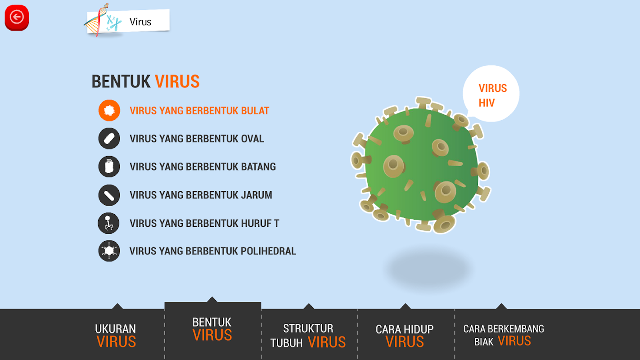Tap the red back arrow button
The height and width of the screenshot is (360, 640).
[x=17, y=18]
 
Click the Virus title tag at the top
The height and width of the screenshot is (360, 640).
[x=128, y=22]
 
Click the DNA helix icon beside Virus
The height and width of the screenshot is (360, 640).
[x=96, y=20]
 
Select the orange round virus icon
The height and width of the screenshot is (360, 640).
[x=109, y=110]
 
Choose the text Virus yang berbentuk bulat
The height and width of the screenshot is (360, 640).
[x=199, y=111]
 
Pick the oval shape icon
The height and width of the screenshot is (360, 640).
[x=109, y=139]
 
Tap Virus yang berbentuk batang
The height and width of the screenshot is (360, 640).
[x=203, y=166]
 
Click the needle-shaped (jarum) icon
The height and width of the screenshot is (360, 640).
[x=109, y=195]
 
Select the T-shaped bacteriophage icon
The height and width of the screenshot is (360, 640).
[x=108, y=223]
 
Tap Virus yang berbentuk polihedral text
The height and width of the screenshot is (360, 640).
[x=212, y=251]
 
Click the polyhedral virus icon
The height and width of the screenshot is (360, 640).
[x=109, y=251]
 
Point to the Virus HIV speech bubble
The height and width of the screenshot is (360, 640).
[x=491, y=94]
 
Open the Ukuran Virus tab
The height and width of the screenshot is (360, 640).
[x=116, y=335]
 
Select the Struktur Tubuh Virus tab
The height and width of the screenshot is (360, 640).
[x=309, y=335]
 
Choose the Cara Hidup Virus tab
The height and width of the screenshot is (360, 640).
[x=405, y=335]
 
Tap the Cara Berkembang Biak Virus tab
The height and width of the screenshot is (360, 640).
[x=504, y=335]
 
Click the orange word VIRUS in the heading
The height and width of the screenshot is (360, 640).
[x=177, y=82]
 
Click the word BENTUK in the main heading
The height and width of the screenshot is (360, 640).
[x=121, y=82]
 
